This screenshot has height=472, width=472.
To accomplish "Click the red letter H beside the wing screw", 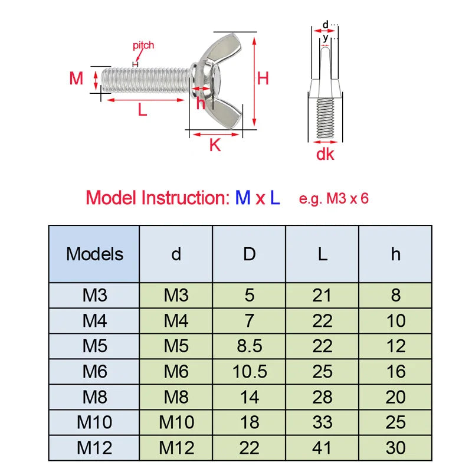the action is (263, 78).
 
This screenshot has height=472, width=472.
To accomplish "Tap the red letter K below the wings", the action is (215, 145).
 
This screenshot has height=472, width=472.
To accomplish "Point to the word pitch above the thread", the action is (143, 46).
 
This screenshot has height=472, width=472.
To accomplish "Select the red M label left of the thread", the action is (76, 78).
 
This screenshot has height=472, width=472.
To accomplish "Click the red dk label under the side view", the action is (325, 154).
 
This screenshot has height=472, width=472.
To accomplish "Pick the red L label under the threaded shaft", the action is (142, 110).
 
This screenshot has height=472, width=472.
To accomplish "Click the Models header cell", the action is (94, 254).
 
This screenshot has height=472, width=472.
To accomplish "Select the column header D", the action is (249, 254).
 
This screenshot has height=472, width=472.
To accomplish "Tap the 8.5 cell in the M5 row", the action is (249, 346).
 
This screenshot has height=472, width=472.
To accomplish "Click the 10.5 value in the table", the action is (250, 371).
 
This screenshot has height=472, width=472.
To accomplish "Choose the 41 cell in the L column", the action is (322, 448).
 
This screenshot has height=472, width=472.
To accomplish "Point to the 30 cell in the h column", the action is (395, 448).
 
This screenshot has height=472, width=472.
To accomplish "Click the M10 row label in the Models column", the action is (94, 422).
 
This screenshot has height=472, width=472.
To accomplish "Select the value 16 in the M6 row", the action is (395, 371).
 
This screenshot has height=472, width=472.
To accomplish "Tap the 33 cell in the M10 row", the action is (322, 422).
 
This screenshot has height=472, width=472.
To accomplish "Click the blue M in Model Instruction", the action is (242, 198).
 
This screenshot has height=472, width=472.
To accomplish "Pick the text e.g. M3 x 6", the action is (333, 199).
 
